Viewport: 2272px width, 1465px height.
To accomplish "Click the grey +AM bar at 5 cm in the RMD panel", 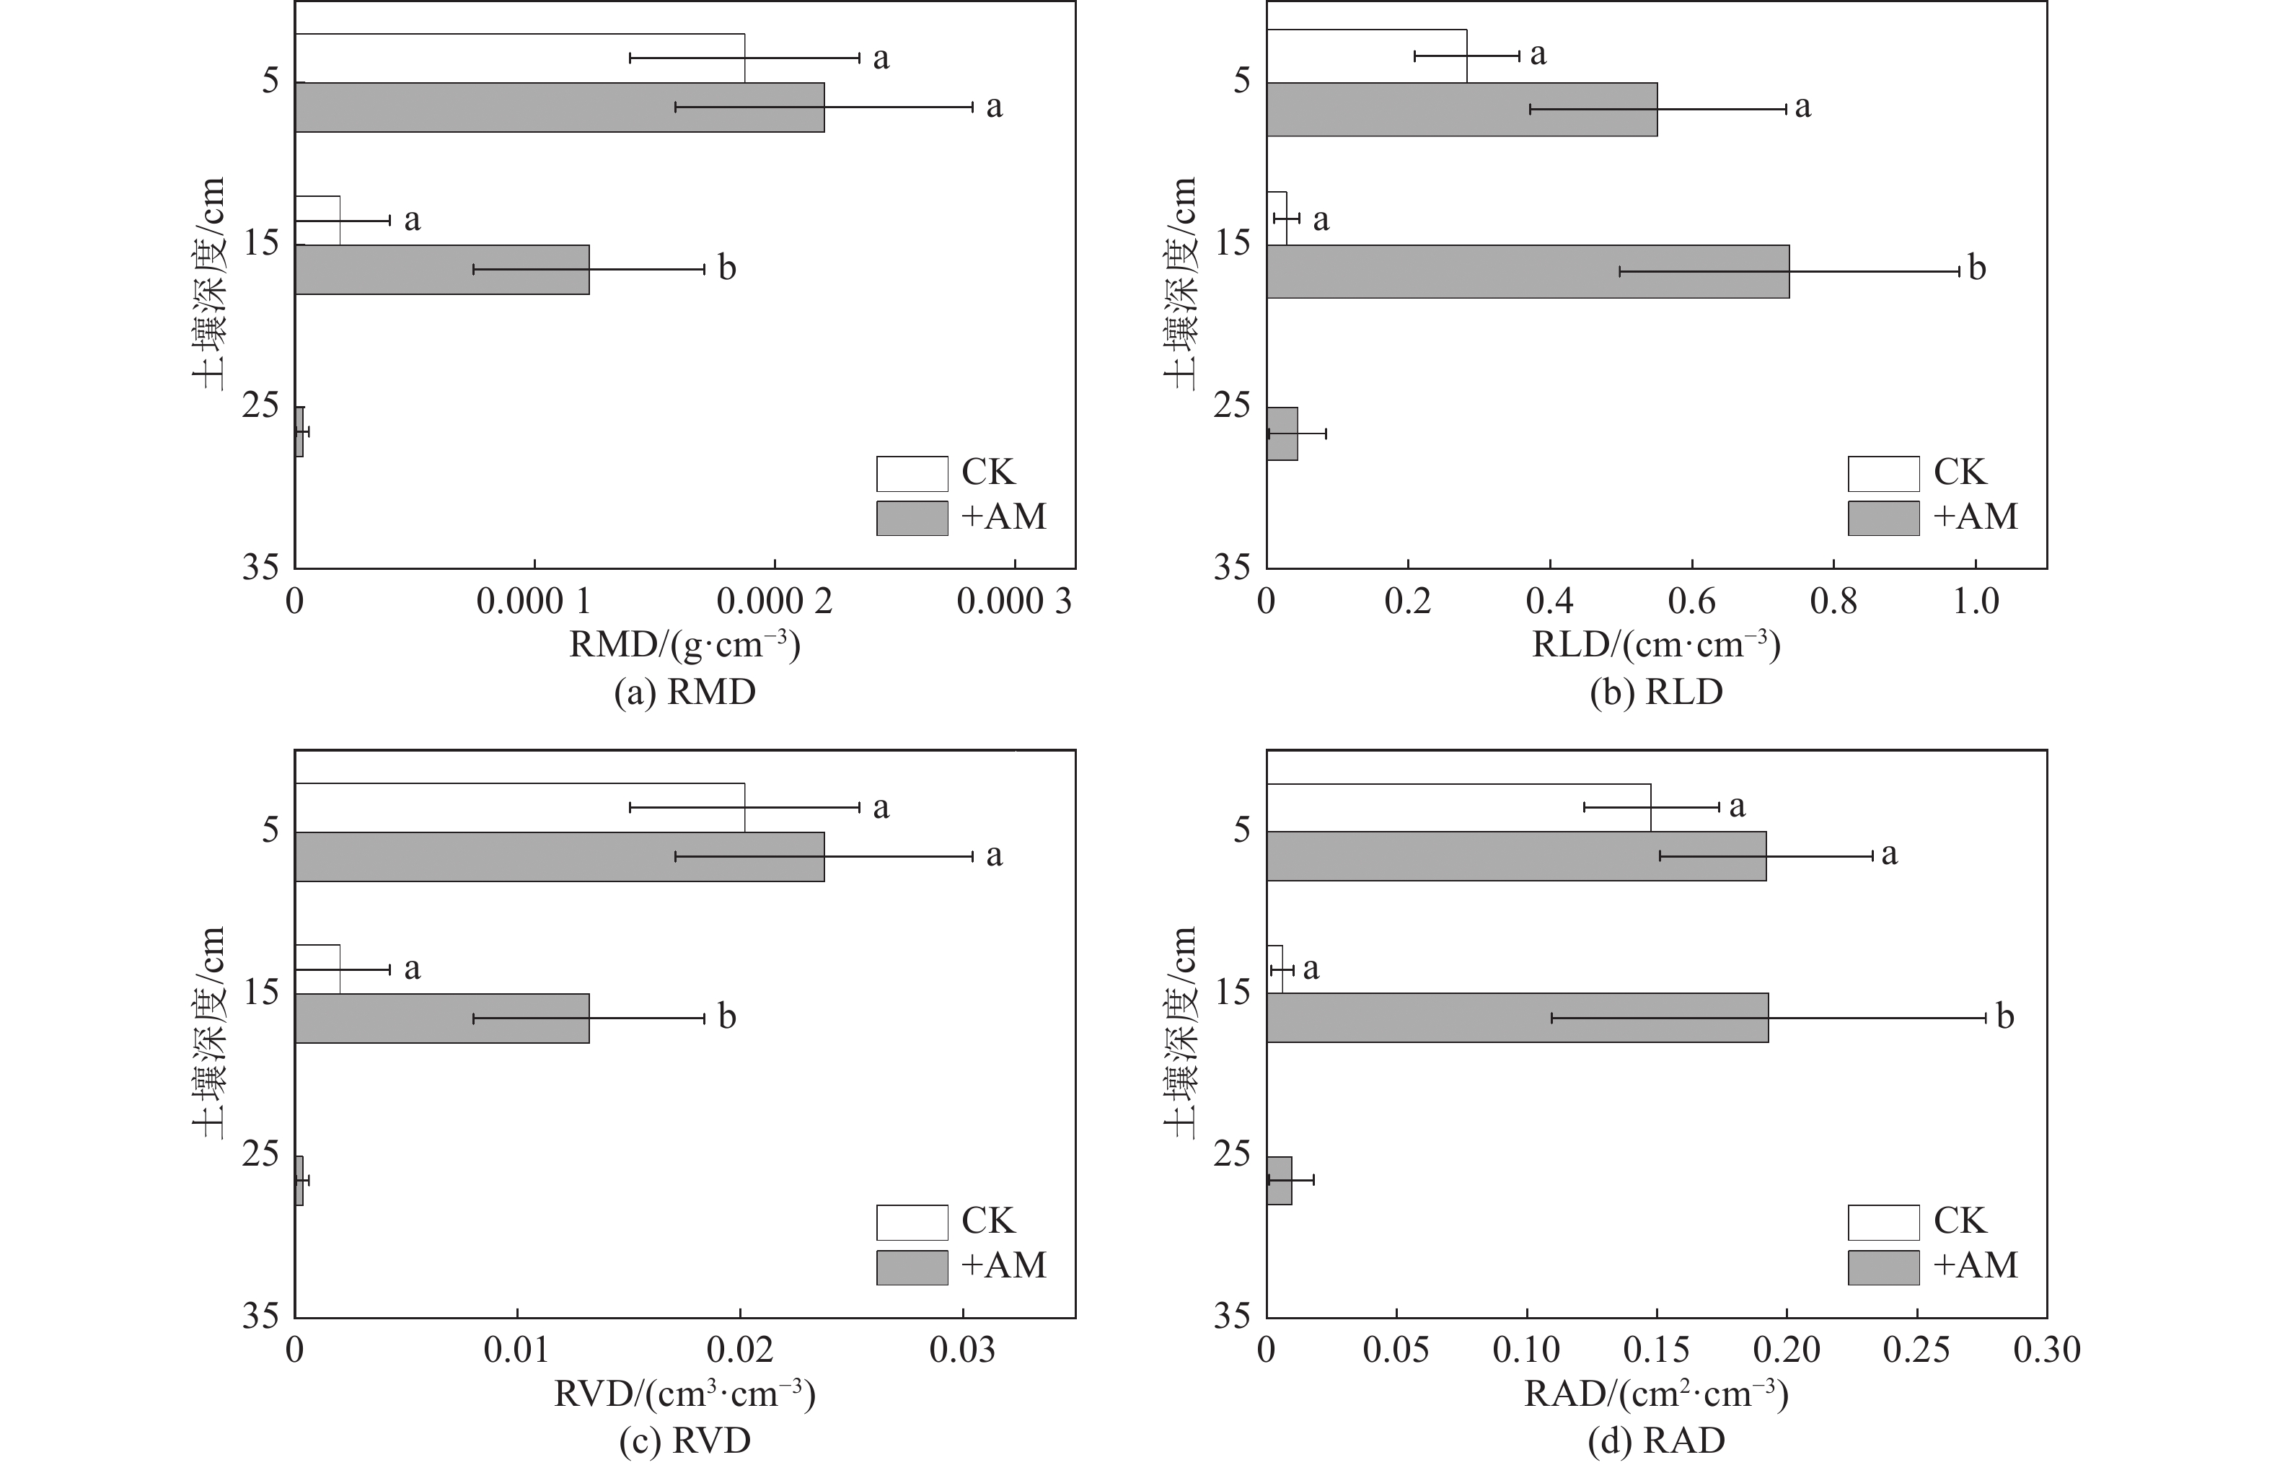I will pyautogui.click(x=559, y=107).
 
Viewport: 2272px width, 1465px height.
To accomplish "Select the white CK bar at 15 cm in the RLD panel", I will pyautogui.click(x=1276, y=218).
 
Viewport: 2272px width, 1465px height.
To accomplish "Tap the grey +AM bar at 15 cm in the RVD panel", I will pyautogui.click(x=441, y=1018).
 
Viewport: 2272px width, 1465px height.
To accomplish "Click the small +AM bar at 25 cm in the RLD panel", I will pyautogui.click(x=1282, y=434).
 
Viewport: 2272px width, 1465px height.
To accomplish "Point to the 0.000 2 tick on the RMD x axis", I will pyautogui.click(x=774, y=602).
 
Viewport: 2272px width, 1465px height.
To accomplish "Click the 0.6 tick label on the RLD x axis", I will pyautogui.click(x=1692, y=602).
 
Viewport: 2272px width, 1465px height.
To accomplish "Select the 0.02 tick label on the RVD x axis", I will pyautogui.click(x=739, y=1350).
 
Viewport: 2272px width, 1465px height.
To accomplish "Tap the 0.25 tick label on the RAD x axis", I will pyautogui.click(x=1916, y=1350).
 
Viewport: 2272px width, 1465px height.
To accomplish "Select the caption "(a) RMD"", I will pyautogui.click(x=684, y=692).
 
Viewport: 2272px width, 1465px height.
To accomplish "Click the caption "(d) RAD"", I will pyautogui.click(x=1656, y=1441).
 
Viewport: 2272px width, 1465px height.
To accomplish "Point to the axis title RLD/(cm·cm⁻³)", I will pyautogui.click(x=1656, y=646).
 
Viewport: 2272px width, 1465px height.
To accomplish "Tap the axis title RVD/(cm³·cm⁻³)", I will pyautogui.click(x=684, y=1394).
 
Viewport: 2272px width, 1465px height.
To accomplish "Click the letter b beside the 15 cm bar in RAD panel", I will pyautogui.click(x=2004, y=1017).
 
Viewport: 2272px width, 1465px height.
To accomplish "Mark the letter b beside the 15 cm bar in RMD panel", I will pyautogui.click(x=726, y=268).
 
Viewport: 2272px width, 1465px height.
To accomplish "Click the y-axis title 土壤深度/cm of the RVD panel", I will pyautogui.click(x=209, y=1032).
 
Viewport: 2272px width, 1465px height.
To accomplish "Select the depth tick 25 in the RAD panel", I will pyautogui.click(x=1232, y=1154).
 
